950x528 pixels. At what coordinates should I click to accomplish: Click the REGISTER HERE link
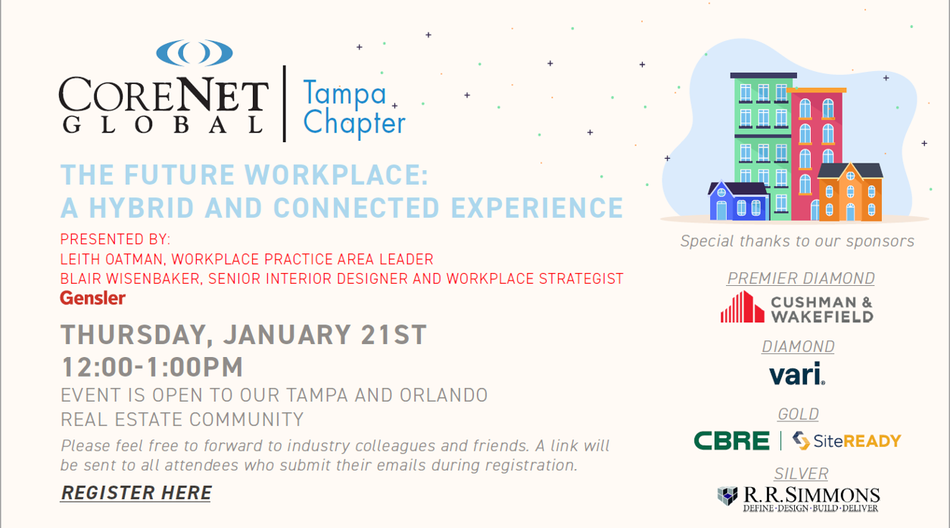pyautogui.click(x=135, y=493)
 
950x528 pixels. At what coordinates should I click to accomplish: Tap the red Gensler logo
pyautogui.click(x=92, y=298)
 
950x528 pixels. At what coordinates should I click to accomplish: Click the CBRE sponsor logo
pyautogui.click(x=731, y=441)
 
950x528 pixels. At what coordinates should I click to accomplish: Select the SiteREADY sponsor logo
pyautogui.click(x=846, y=441)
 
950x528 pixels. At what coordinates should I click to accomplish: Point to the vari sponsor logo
pyautogui.click(x=797, y=374)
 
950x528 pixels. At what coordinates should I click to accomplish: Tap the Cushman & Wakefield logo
pyautogui.click(x=797, y=307)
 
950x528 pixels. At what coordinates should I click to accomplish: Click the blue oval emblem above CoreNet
pyautogui.click(x=195, y=52)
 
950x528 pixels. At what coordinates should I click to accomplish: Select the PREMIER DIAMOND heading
pyautogui.click(x=801, y=278)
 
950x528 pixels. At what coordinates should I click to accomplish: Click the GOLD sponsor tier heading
pyautogui.click(x=798, y=414)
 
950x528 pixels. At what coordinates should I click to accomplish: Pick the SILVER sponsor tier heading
pyautogui.click(x=801, y=474)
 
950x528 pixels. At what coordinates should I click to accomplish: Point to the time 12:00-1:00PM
pyautogui.click(x=152, y=367)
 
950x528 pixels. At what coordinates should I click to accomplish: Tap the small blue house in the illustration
pyautogui.click(x=738, y=201)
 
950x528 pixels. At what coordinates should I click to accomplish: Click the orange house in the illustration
pyautogui.click(x=851, y=192)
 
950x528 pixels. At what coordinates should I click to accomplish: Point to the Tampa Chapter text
pyautogui.click(x=354, y=107)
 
